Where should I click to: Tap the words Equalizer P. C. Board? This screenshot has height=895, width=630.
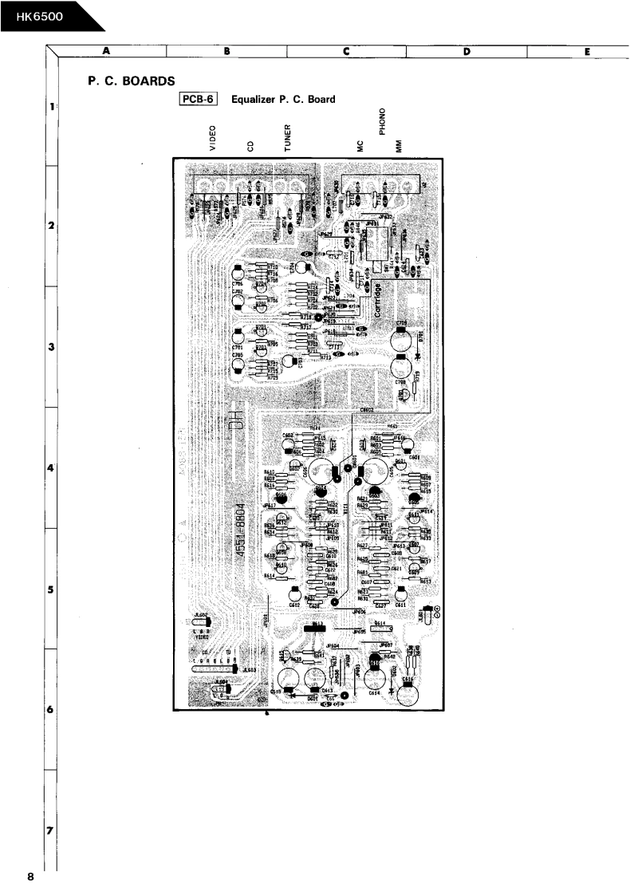(283, 100)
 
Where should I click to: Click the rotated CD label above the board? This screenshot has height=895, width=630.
(250, 146)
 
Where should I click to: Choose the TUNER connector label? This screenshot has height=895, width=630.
(288, 137)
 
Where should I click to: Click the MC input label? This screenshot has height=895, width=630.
(360, 146)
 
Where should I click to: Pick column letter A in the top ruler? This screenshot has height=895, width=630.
(106, 53)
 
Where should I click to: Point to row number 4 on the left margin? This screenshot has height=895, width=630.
(51, 468)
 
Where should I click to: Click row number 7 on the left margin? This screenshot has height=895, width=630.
(51, 831)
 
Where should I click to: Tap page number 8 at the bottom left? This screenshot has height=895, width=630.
(30, 878)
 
